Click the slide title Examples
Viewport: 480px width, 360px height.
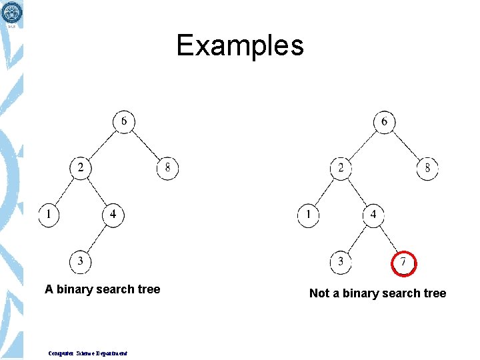[x=240, y=46]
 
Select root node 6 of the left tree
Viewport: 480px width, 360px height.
[x=124, y=121]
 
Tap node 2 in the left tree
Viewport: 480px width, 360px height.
[x=81, y=167]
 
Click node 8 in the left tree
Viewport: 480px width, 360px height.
[x=167, y=167]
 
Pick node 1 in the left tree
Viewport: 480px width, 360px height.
[x=49, y=215]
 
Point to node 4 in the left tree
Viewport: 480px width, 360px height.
[x=113, y=215]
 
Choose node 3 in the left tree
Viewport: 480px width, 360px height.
[x=81, y=261]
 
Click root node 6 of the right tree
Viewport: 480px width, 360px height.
[x=384, y=121]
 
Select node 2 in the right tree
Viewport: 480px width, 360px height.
[x=341, y=167]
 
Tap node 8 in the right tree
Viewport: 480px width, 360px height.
[x=427, y=167]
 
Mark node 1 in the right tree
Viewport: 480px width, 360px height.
[x=309, y=215]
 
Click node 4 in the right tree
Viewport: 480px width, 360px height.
[x=373, y=215]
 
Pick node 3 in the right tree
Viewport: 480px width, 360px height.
[x=341, y=261]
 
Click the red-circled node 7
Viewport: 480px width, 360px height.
[x=404, y=262]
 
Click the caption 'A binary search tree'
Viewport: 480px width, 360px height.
[x=102, y=289]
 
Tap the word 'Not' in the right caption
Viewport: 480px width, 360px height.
[x=319, y=293]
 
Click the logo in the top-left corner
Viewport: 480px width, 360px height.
[x=11, y=13]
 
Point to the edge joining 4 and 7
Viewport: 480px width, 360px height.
[x=388, y=238]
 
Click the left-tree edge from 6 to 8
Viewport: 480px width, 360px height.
[x=146, y=145]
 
